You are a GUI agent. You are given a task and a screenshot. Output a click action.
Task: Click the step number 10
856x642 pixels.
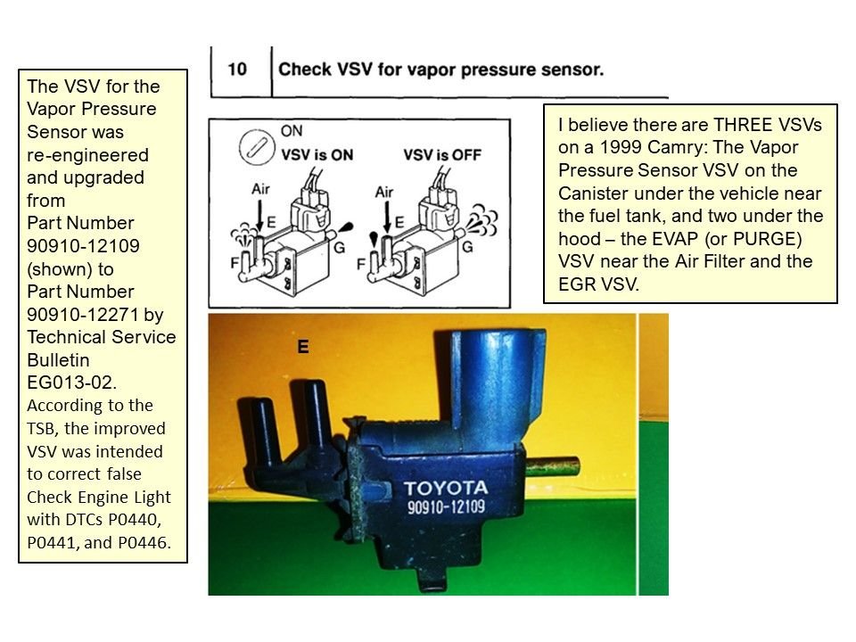(x=237, y=69)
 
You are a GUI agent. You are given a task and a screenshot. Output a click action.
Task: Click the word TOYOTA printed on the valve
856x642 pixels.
(x=445, y=488)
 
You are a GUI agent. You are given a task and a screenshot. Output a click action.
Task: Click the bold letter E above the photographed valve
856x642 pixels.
(x=303, y=348)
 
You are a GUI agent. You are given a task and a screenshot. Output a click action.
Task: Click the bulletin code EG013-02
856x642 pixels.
(x=71, y=383)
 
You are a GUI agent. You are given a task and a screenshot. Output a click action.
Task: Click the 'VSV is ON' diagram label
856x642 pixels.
(x=317, y=154)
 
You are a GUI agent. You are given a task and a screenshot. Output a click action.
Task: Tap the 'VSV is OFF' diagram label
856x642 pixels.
(x=442, y=154)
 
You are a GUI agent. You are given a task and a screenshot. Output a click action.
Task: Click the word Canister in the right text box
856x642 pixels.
(x=596, y=193)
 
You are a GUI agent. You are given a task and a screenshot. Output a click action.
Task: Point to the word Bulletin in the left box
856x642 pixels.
(x=60, y=359)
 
